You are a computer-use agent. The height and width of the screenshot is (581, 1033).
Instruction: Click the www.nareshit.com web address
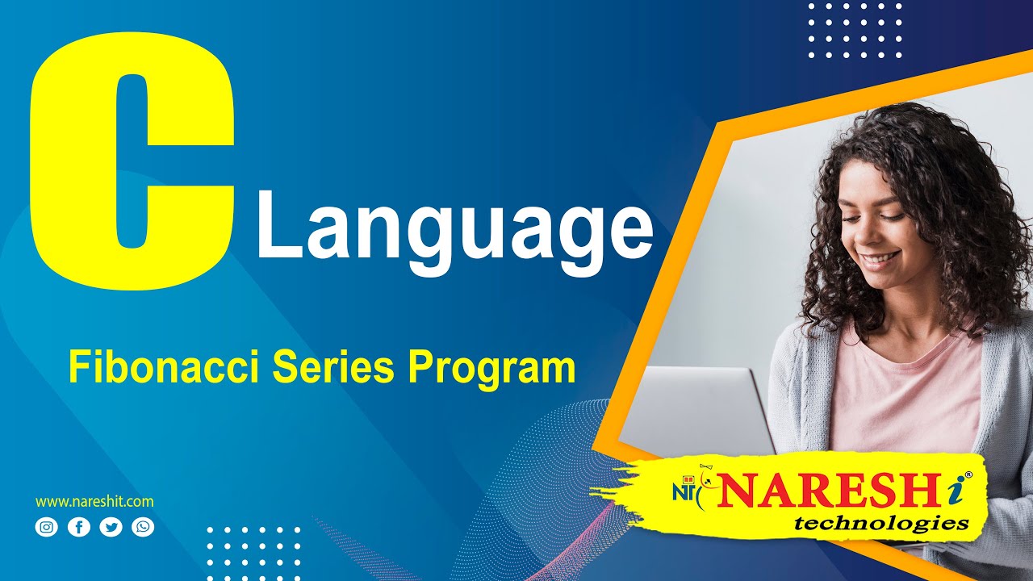(x=94, y=502)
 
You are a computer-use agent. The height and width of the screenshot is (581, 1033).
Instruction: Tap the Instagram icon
(x=48, y=528)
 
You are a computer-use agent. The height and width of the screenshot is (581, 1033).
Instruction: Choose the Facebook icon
(x=79, y=528)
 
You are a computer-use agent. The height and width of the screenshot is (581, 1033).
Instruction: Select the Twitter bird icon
(x=111, y=528)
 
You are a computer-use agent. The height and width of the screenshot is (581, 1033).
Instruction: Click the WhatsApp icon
(x=143, y=528)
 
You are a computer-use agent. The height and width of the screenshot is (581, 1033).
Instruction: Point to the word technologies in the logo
(x=881, y=525)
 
